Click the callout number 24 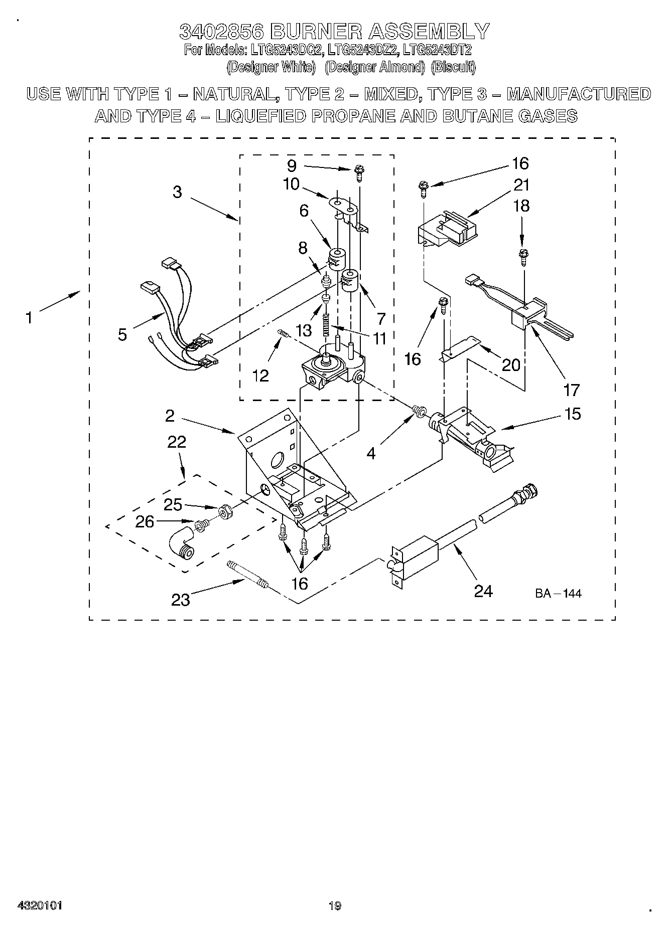pos(483,591)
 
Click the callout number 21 pos(522,185)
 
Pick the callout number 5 pos(122,334)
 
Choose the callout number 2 pos(170,415)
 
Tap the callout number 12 pos(261,375)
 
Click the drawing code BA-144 pos(558,594)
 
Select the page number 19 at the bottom pos(335,906)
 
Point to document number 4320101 pos(40,906)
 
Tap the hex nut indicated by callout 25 pos(225,511)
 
